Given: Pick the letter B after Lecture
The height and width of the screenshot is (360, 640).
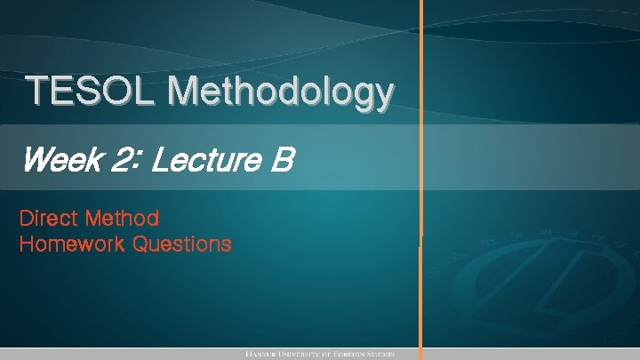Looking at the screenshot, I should (x=281, y=162).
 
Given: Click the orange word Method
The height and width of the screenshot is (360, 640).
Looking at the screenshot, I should (x=124, y=218).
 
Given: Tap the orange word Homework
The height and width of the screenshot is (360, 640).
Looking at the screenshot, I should (x=72, y=244).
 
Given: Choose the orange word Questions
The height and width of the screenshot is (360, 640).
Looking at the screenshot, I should (x=182, y=244).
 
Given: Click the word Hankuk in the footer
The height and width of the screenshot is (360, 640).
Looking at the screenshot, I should (x=264, y=354).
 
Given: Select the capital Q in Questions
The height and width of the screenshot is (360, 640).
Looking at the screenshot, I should (x=140, y=244).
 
